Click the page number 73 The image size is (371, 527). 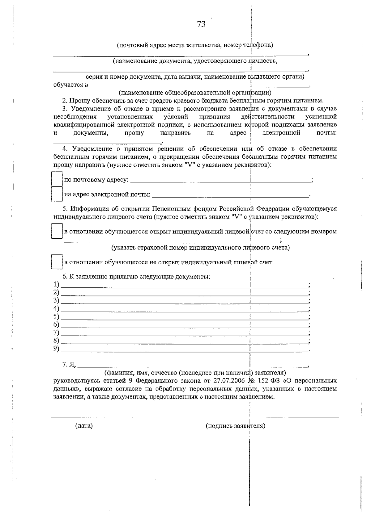[x=201, y=24]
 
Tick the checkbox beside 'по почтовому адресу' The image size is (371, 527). [x=57, y=179]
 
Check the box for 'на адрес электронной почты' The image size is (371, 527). [x=57, y=194]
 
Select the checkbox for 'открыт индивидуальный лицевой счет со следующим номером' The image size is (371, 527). [x=57, y=231]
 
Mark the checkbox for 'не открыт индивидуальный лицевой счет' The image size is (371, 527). [x=57, y=262]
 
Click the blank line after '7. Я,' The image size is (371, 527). [x=193, y=366]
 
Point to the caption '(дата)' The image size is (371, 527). [x=84, y=426]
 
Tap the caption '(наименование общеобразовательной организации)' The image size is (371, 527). [x=195, y=92]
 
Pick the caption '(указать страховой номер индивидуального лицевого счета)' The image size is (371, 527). [x=200, y=248]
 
